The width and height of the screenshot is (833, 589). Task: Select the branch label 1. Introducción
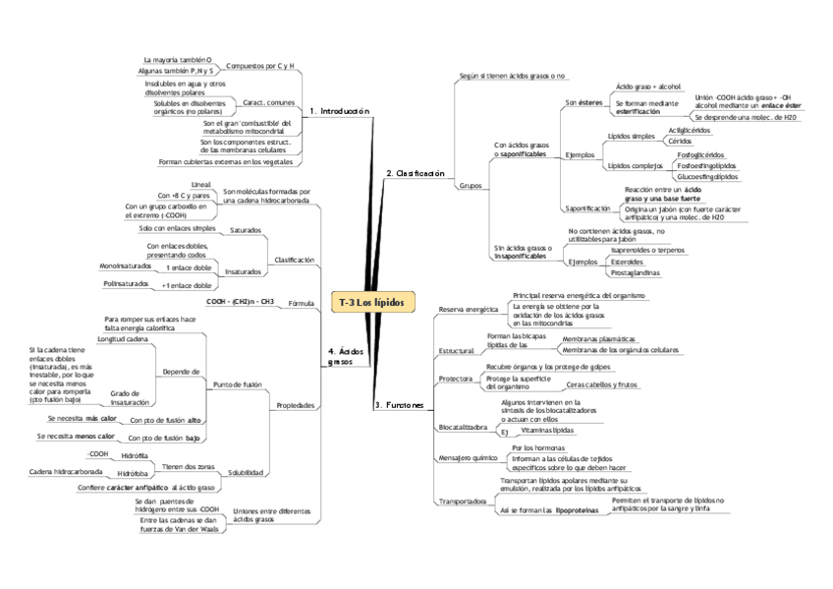click(339, 111)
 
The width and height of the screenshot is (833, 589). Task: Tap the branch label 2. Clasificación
click(416, 173)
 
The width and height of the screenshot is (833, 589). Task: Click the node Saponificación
click(587, 208)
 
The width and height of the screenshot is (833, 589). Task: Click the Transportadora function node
click(463, 501)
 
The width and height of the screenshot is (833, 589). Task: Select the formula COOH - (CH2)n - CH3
click(240, 301)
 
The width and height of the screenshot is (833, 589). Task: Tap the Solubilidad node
click(245, 473)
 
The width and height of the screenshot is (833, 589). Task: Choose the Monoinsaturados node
click(125, 266)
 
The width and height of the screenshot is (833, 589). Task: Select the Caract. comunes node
click(268, 101)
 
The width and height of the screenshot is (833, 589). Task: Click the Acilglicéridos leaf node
click(690, 130)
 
